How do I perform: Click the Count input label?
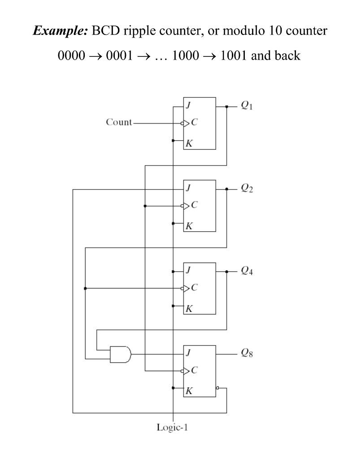[x=119, y=122]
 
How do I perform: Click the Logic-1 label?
[x=172, y=427]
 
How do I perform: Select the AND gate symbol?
[x=121, y=354]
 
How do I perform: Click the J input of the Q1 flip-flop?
[x=188, y=107]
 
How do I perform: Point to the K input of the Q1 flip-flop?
[x=189, y=144]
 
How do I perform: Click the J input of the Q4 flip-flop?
[x=188, y=272]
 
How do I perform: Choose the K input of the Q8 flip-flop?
[x=189, y=391]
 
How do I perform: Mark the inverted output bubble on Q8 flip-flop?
[x=217, y=388]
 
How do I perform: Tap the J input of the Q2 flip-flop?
[x=188, y=190]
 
